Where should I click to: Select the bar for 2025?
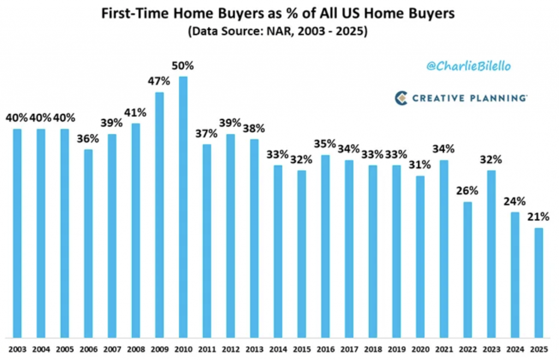pos(539,282)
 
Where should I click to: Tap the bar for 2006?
pos(88,243)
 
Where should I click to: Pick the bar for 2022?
pos(468,269)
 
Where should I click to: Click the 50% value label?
pos(183,66)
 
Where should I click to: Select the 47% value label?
pos(159,82)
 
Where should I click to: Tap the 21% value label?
pos(539,217)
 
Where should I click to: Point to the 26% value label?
pos(468,191)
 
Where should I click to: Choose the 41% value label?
pos(135,113)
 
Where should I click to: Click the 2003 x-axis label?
pos(17,348)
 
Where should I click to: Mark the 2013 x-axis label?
pos(254,348)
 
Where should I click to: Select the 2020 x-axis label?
pos(420,348)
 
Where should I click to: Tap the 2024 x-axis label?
pos(515,348)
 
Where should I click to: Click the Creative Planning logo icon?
pos(401,98)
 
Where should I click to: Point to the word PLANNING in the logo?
pos(497,98)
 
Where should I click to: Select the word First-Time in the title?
pos(132,14)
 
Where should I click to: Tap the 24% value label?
pos(515,202)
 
